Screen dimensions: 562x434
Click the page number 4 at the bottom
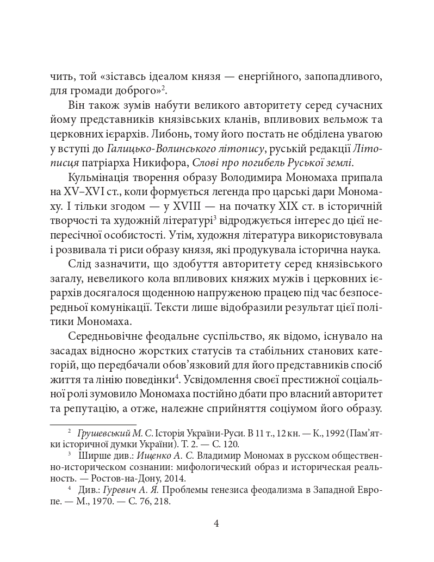pos(216,524)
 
